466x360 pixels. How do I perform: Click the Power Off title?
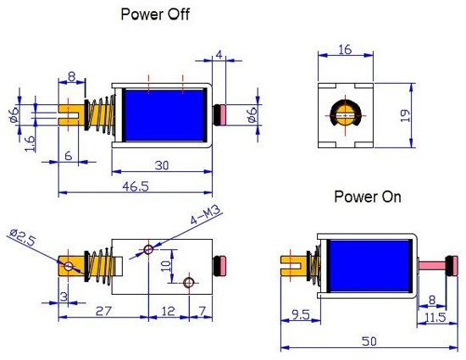coord(155,14)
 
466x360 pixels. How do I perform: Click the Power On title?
coord(367,197)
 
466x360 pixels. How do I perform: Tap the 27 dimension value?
coord(103,311)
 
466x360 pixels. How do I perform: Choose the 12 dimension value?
coord(169,311)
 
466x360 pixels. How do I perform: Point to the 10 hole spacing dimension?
coord(167,265)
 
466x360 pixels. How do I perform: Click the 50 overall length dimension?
coord(370,340)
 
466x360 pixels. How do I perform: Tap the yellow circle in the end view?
coord(345,115)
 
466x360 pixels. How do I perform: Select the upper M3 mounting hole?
coord(149,249)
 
